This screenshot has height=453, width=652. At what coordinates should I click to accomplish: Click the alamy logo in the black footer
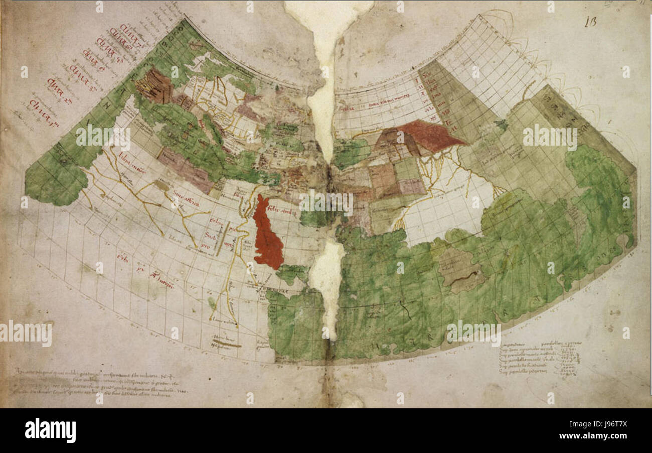coord(50,430)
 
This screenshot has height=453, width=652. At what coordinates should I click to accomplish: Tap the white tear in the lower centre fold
coord(327,281)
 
